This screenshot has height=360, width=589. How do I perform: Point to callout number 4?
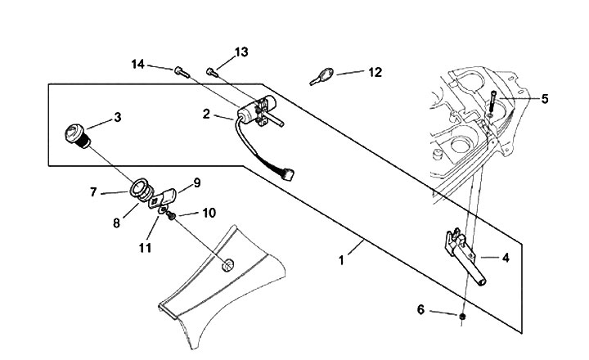tap(506, 258)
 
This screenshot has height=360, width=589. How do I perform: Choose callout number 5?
tap(544, 99)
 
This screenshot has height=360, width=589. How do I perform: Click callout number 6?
tap(420, 309)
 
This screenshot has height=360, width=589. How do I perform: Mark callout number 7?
tap(94, 193)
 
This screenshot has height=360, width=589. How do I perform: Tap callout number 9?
tap(196, 182)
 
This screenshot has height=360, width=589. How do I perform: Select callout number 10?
tap(209, 214)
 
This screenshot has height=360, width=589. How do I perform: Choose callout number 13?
tap(241, 52)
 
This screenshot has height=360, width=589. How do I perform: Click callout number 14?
tap(137, 64)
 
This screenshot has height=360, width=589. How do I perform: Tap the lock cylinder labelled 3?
tap(76, 134)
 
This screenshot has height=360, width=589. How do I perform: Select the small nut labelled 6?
tap(463, 316)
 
